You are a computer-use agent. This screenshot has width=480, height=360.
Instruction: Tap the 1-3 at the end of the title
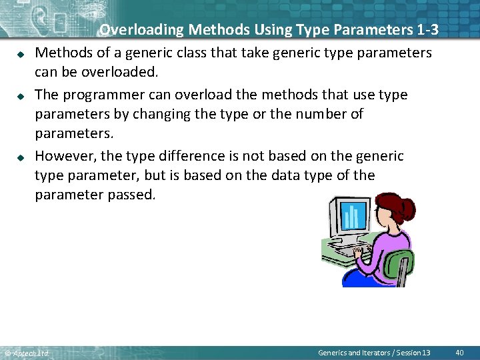coord(425,30)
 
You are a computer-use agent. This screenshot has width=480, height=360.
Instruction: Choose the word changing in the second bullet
coord(160,114)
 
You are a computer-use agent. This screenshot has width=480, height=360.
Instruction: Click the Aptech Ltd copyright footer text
coord(27,353)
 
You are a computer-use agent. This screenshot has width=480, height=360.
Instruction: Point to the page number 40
coord(459,352)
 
